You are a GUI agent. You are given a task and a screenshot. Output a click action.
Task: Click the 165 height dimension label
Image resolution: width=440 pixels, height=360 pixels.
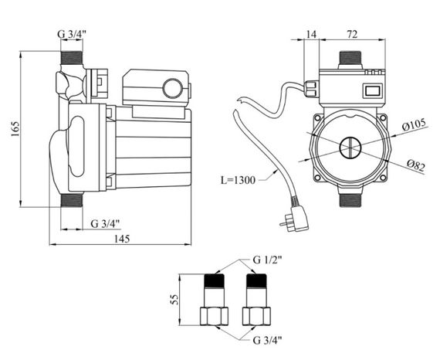pos(15,129)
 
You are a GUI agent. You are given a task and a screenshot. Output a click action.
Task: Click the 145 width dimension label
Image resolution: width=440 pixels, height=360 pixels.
pos(122,239)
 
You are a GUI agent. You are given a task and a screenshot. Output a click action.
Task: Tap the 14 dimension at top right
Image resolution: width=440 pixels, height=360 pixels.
pos(311,34)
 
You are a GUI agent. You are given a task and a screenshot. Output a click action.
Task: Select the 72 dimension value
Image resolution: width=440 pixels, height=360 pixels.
pos(353,34)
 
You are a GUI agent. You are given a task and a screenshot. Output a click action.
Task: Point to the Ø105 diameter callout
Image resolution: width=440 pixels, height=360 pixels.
pos(414,124)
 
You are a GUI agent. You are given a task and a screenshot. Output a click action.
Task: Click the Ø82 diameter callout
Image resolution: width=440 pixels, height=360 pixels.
pos(416,165)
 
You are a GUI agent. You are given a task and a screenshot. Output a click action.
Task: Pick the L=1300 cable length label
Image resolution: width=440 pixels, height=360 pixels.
pos(239,180)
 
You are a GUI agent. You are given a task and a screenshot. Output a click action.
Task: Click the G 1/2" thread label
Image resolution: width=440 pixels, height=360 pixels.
pos(267,260)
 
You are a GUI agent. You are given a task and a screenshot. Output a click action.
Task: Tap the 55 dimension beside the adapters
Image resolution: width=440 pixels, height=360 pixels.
pos(174,299)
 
